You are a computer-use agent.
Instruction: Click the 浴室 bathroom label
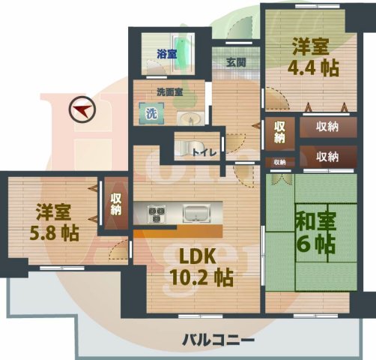pos(166,54)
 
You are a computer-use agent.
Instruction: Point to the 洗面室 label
pos(170,92)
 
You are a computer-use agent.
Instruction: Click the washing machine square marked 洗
pos(151,114)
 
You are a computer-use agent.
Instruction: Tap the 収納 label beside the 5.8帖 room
pos(116,205)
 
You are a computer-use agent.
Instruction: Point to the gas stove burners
pos(157,214)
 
